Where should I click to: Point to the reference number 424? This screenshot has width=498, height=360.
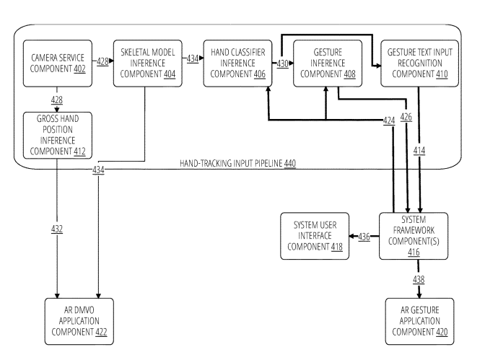point(390,120)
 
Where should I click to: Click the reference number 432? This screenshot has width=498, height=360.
point(57,229)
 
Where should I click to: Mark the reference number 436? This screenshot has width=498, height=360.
point(364,236)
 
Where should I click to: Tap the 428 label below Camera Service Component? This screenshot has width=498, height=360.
point(56,99)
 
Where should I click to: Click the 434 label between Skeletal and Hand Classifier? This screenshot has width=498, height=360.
point(192,59)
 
